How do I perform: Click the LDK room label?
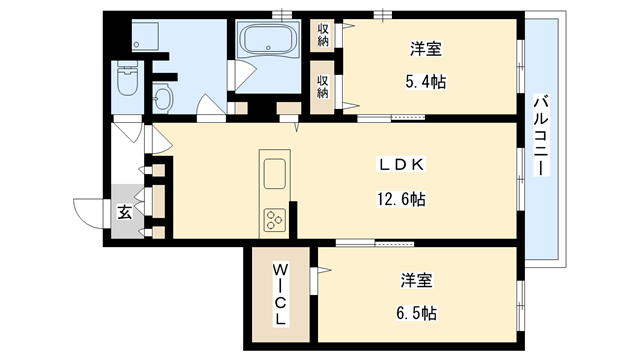[402, 165]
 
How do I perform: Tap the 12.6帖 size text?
[402, 199]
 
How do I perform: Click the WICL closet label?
[281, 292]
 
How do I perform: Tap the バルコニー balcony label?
[540, 136]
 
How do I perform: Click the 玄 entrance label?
[123, 211]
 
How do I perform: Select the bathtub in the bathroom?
[269, 42]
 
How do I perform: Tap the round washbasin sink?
[163, 98]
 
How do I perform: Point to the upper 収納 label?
[324, 35]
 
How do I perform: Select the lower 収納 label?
[324, 86]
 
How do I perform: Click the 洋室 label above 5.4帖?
[426, 48]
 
